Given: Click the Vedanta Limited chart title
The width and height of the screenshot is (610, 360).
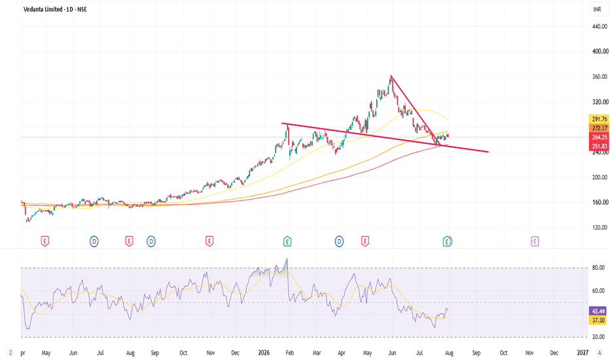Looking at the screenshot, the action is click(x=55, y=9).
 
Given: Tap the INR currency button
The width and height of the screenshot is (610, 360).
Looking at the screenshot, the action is click(x=597, y=9).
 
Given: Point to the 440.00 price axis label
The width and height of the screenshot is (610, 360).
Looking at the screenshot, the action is click(x=600, y=26).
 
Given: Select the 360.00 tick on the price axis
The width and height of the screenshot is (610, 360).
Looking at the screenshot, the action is click(x=600, y=77).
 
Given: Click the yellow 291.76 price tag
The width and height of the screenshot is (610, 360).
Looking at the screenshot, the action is click(x=599, y=119).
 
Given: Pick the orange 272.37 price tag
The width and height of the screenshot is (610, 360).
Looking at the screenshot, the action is click(x=599, y=128).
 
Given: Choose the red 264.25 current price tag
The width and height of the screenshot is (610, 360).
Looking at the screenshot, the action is click(x=599, y=137).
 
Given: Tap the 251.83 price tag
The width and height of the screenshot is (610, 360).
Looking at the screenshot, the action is click(x=599, y=146).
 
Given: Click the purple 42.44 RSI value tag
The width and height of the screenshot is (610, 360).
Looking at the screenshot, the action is click(x=598, y=311).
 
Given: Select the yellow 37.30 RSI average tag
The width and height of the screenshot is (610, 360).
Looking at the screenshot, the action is click(x=598, y=320).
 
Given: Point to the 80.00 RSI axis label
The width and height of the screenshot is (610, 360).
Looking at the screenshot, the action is click(x=598, y=268).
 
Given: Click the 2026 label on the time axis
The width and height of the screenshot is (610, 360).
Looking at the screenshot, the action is click(x=264, y=353).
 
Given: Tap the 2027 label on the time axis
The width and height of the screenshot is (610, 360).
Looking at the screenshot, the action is click(x=583, y=353).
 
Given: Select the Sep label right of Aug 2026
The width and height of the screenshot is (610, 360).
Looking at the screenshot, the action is click(x=476, y=353).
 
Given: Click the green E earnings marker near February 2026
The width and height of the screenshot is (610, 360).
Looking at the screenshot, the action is click(x=287, y=242).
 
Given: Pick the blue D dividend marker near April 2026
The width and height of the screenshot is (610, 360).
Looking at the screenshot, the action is click(x=339, y=242).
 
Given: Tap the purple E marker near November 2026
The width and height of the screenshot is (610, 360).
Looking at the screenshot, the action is click(x=535, y=242).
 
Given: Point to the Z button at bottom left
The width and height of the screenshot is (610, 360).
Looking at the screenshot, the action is click(x=10, y=353).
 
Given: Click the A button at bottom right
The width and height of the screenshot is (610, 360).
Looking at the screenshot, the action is click(x=600, y=353).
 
